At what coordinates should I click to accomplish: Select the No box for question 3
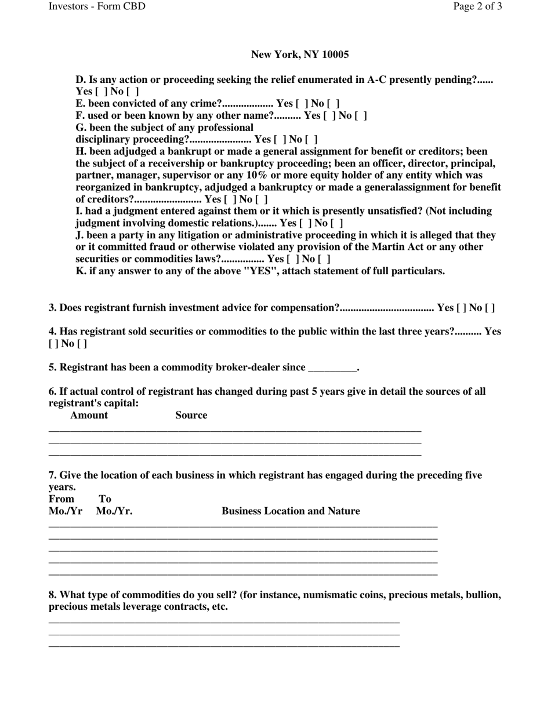(490, 308)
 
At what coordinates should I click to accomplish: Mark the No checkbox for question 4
(82, 344)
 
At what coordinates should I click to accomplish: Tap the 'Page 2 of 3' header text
(477, 6)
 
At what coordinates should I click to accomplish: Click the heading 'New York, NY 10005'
(300, 54)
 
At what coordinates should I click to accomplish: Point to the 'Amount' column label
(89, 415)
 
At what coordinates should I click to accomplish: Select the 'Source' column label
(191, 415)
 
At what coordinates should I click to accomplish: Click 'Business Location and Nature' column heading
(291, 511)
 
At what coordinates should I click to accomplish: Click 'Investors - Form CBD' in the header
(97, 6)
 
